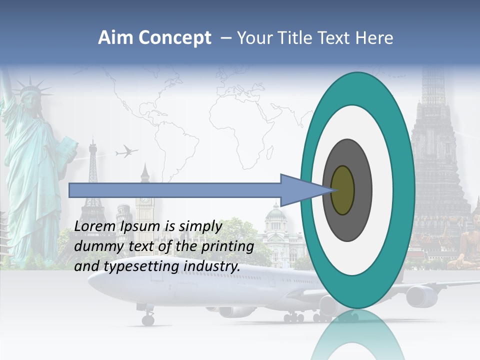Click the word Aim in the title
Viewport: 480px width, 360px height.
pyautogui.click(x=114, y=38)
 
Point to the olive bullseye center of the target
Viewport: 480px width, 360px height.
pyautogui.click(x=343, y=190)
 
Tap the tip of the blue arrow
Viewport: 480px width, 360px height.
pyautogui.click(x=332, y=190)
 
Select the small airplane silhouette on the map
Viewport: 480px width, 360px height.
pyautogui.click(x=126, y=151)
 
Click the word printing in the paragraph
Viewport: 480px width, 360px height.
pyautogui.click(x=229, y=246)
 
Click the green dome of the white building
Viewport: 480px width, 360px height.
pyautogui.click(x=275, y=213)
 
